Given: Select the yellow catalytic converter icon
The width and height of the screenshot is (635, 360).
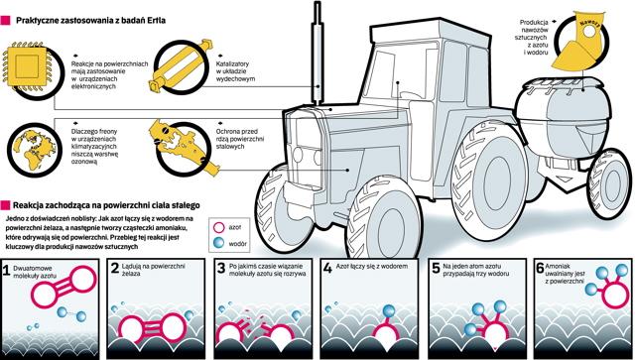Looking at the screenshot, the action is (x=181, y=66).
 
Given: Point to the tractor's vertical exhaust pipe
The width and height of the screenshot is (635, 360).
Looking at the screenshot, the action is (x=317, y=53).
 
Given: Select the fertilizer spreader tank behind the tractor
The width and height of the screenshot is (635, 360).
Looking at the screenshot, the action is (x=565, y=116).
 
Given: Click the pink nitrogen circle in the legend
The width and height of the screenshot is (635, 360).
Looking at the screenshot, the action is (x=218, y=227).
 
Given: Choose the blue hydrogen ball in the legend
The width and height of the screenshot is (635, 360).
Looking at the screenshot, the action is (x=218, y=243).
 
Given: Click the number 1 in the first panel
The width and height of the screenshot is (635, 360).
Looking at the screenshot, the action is (x=6, y=271).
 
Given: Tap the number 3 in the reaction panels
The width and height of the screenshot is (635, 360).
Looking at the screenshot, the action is (x=220, y=268).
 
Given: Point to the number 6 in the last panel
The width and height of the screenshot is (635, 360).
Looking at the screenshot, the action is (x=540, y=268).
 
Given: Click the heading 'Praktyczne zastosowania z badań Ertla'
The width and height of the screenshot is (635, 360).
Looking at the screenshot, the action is (x=90, y=20).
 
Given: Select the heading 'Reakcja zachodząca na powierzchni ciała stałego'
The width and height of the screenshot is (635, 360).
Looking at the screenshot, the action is (x=106, y=205).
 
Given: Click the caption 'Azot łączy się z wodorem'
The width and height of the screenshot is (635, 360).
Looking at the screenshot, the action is (x=372, y=267).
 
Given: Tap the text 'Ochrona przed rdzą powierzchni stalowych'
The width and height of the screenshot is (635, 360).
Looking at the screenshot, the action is (x=240, y=139).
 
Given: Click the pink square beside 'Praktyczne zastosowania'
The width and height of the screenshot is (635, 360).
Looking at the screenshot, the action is (x=5, y=21).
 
